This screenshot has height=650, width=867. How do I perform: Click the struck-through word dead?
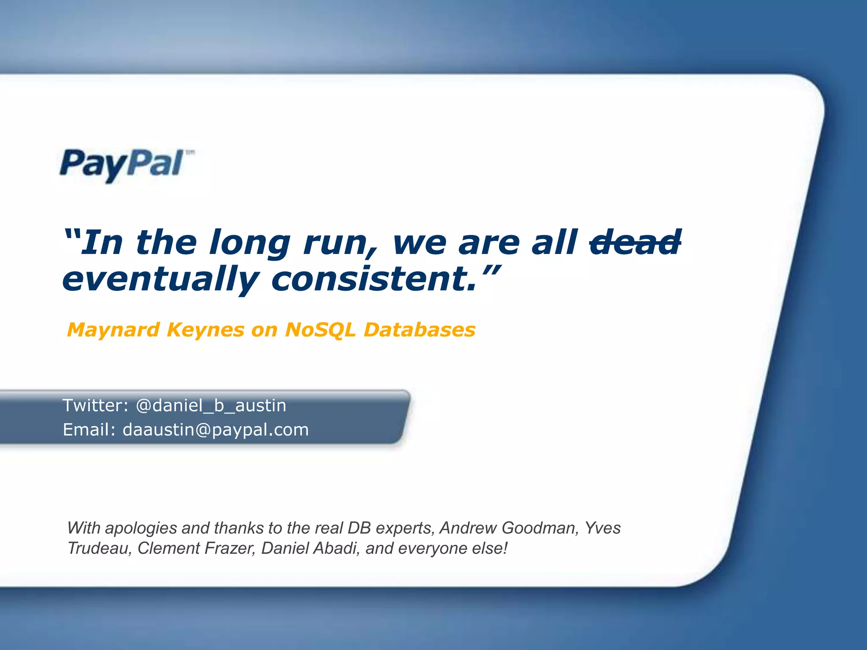(x=635, y=242)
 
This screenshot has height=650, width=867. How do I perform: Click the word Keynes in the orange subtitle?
(x=206, y=330)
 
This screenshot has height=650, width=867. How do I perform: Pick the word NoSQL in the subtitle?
(x=320, y=330)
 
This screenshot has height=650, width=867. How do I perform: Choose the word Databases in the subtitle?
(x=420, y=330)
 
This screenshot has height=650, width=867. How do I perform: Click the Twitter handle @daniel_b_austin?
(x=211, y=406)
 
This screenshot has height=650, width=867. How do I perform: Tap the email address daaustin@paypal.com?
(x=215, y=430)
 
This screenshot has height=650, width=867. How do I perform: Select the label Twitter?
(x=96, y=405)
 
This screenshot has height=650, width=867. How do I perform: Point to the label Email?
(x=89, y=430)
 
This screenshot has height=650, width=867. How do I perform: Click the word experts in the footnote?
(x=405, y=529)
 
